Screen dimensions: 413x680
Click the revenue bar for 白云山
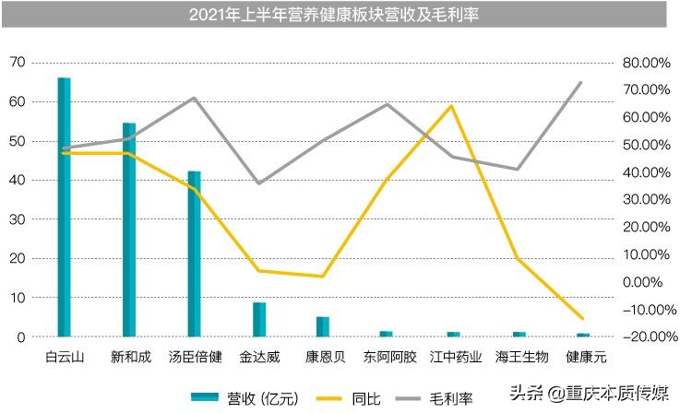click(x=65, y=207)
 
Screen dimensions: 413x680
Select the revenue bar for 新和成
click(x=129, y=230)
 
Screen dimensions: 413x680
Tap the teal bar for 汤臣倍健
click(x=194, y=254)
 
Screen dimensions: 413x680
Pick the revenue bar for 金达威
click(x=259, y=320)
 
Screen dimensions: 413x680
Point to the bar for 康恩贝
click(x=323, y=327)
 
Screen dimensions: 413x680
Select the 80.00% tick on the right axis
click(x=645, y=63)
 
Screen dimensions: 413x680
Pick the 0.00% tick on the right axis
click(x=645, y=282)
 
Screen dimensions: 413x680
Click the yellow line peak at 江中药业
click(x=452, y=106)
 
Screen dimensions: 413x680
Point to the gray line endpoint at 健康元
click(x=581, y=83)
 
